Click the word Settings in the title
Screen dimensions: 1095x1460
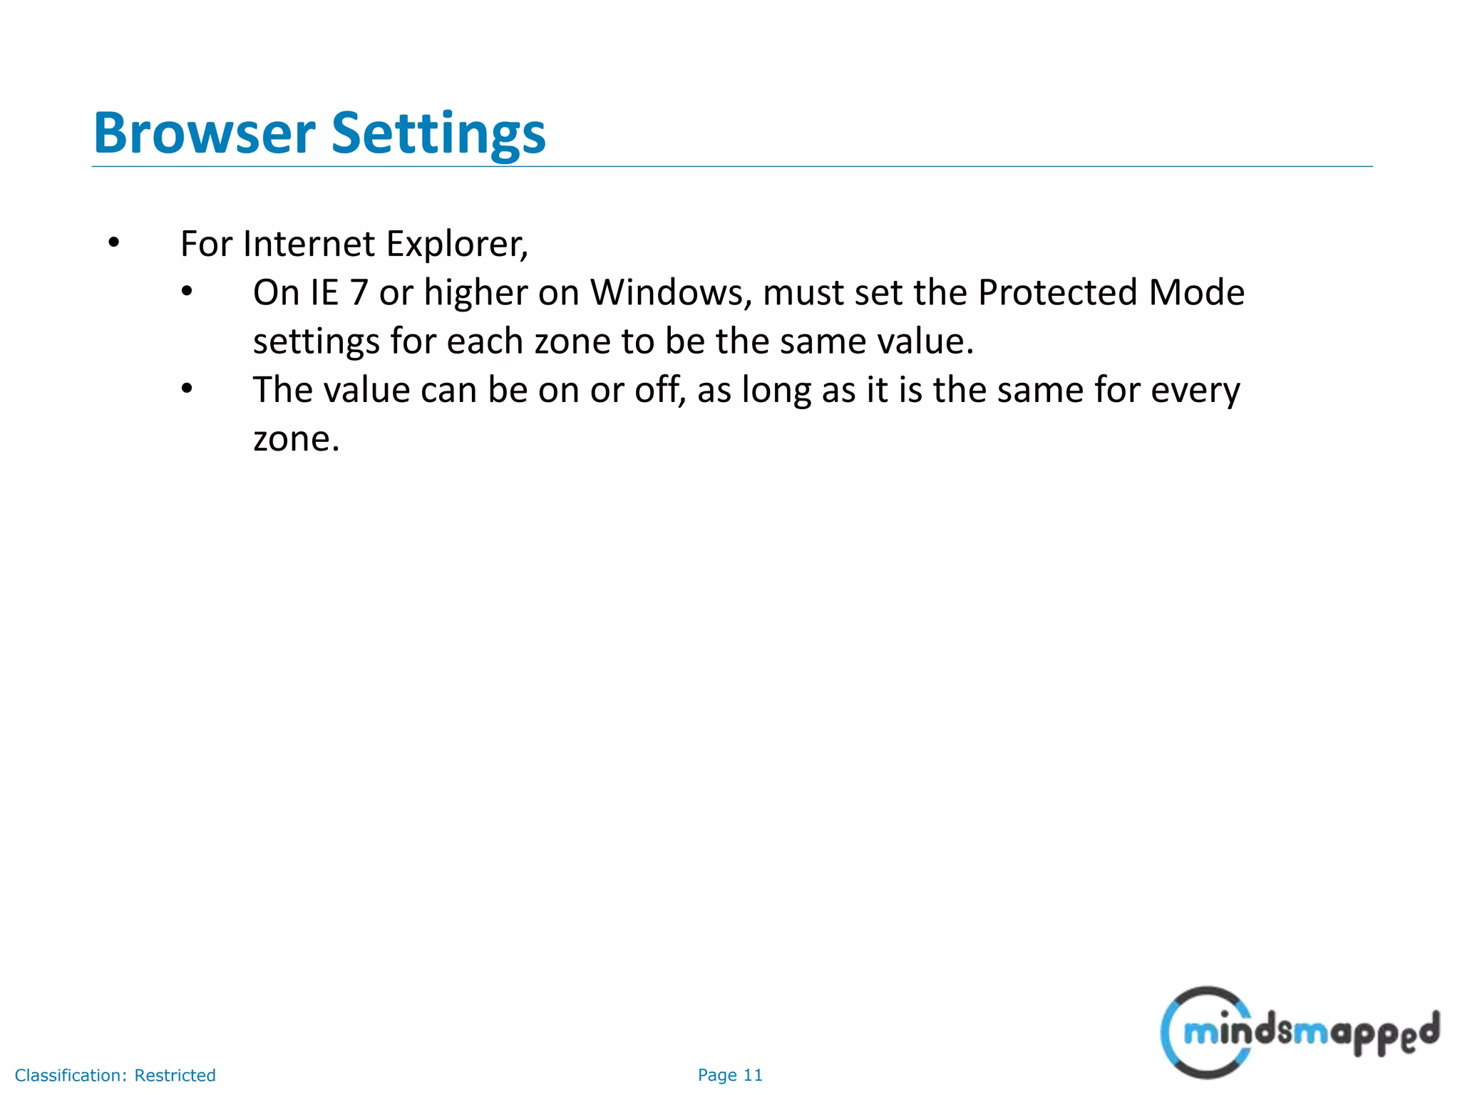coord(438,134)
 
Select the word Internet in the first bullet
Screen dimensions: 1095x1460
coord(308,244)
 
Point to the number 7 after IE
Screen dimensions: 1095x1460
coord(359,293)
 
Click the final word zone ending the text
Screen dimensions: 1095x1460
coord(295,439)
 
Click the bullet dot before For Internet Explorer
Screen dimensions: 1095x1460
coord(113,244)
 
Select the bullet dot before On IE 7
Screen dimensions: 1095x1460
coord(187,292)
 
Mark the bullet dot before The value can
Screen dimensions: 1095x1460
coord(187,389)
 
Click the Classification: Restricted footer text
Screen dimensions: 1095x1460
coord(115,1075)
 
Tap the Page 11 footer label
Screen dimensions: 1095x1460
coord(730,1075)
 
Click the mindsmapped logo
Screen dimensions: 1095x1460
coord(1299,1032)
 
